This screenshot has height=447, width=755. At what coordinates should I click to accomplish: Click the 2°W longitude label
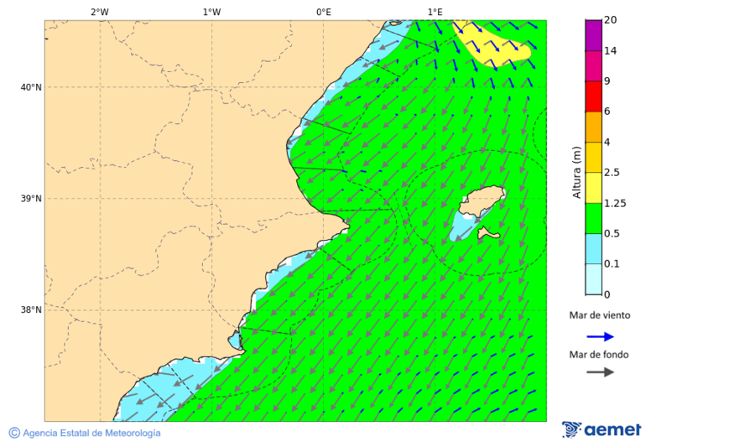click(99, 12)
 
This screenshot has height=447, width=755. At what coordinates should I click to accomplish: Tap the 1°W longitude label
click(211, 12)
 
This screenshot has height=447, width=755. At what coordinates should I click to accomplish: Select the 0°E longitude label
click(323, 12)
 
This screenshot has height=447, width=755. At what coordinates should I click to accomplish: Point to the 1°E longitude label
click(435, 12)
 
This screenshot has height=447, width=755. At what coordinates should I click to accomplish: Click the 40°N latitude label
click(32, 87)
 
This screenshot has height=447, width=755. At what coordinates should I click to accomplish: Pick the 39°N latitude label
click(32, 199)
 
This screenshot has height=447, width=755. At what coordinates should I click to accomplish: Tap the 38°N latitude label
click(32, 310)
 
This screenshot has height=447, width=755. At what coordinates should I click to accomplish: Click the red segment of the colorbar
click(593, 96)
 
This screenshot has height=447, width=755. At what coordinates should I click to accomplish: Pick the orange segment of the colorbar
click(593, 127)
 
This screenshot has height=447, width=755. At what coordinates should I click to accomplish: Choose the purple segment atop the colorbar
click(593, 35)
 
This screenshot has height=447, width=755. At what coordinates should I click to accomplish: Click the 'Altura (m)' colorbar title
click(576, 172)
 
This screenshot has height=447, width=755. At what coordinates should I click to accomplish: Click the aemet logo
click(601, 429)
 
